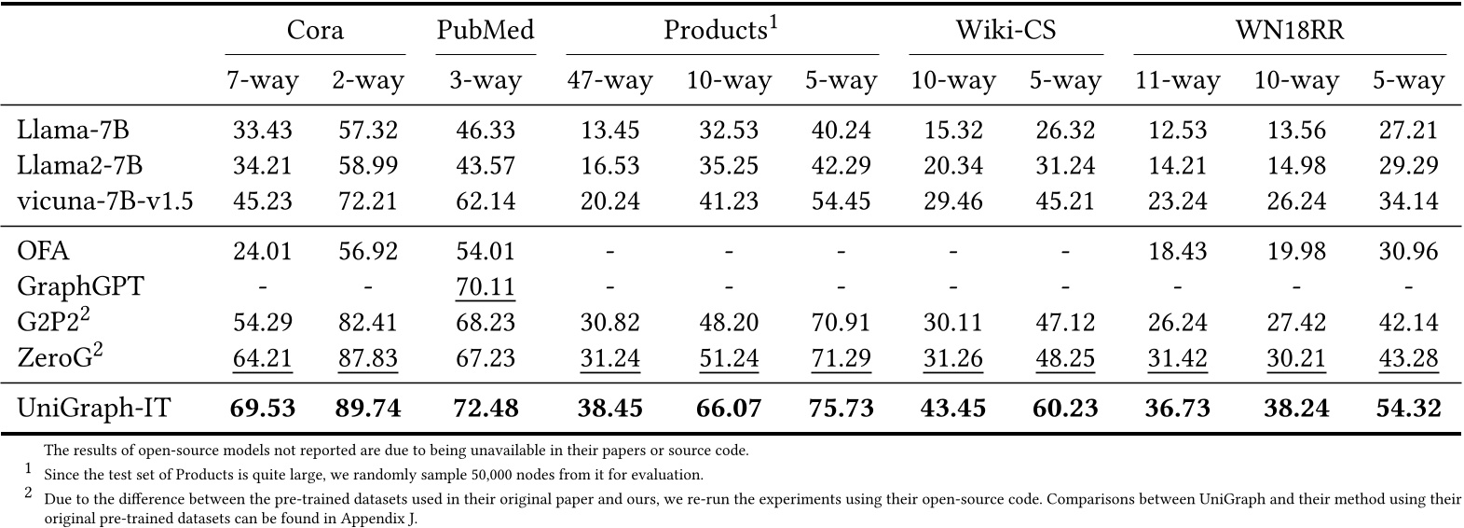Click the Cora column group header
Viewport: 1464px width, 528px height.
(315, 30)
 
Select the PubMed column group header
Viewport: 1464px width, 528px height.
(486, 30)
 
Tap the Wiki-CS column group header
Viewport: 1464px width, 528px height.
(1006, 30)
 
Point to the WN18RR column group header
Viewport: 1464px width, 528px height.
(1290, 30)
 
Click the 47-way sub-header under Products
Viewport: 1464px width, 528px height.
(609, 81)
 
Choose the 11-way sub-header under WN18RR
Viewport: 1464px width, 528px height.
(1177, 81)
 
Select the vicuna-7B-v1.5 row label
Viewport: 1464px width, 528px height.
(105, 201)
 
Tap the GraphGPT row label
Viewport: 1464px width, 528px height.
(81, 286)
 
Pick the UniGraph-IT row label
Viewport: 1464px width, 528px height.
(94, 408)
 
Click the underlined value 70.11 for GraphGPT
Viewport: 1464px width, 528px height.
(486, 286)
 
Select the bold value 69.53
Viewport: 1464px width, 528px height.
(262, 408)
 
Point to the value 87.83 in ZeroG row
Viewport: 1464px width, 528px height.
(367, 358)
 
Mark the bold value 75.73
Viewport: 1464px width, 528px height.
(841, 408)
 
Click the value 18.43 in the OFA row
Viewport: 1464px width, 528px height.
(1177, 251)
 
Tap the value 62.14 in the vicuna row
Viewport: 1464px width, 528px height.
(486, 201)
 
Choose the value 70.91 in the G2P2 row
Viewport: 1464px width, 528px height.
(841, 323)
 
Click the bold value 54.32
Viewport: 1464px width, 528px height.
(1408, 408)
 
